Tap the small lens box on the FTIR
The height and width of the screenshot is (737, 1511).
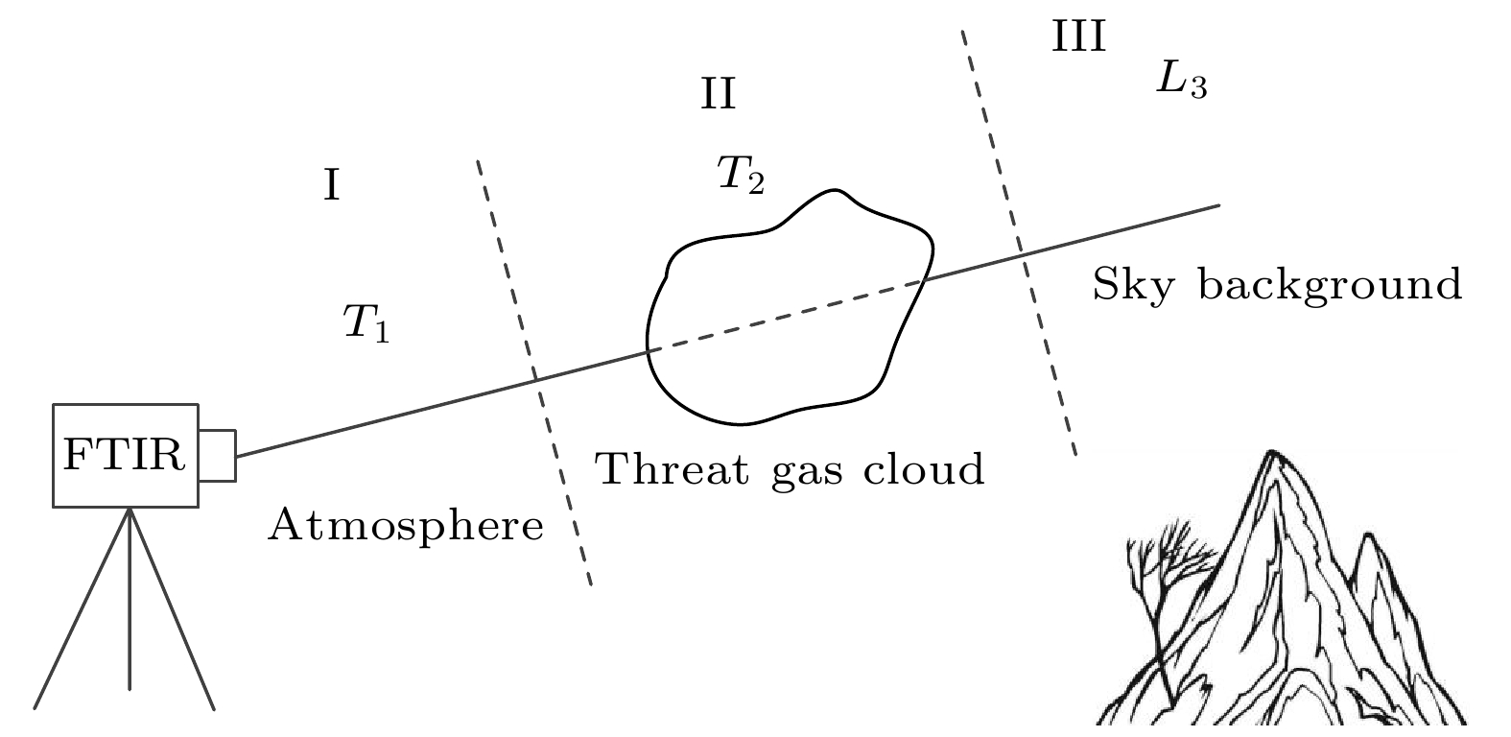point(217,455)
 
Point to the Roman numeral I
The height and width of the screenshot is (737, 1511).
point(331,185)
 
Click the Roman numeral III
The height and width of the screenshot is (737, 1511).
point(1078,37)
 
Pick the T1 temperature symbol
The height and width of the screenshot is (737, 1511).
point(366,323)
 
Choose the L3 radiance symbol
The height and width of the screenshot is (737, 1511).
point(1180,82)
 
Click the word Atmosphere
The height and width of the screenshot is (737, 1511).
point(405,526)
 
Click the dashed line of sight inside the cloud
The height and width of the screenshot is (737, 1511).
point(787,316)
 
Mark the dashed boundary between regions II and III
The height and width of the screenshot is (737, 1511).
point(1019,244)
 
